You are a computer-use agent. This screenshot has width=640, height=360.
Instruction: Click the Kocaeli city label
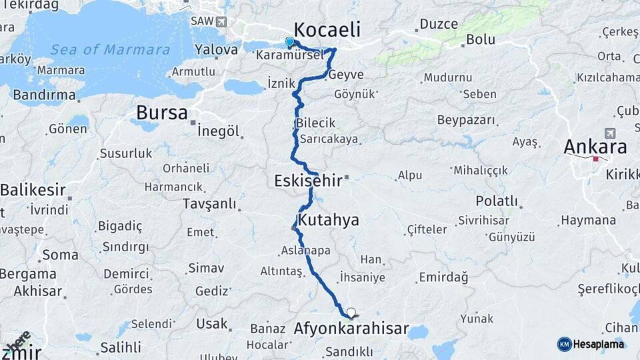[x=327, y=30]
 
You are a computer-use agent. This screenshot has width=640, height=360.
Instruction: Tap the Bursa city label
[x=162, y=113]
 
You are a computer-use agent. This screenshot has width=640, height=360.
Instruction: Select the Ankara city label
[x=595, y=146]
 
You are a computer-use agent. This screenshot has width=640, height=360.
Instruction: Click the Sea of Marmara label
[x=110, y=50]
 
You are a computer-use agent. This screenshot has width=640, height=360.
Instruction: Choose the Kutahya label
[x=329, y=220]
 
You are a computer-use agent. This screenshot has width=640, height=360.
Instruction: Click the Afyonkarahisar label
[x=351, y=329]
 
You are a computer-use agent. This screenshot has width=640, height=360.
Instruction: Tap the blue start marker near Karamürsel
[x=289, y=43]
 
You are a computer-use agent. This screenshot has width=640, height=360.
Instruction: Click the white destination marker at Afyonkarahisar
[x=351, y=312]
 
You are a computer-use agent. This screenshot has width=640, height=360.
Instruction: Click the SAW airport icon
[x=221, y=21]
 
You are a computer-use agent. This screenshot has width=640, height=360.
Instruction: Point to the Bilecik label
[x=316, y=123]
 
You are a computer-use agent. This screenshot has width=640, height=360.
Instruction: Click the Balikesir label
[x=33, y=190]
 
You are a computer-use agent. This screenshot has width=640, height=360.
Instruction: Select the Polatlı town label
[x=497, y=201]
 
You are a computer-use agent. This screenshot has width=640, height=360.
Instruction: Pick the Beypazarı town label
[x=467, y=120]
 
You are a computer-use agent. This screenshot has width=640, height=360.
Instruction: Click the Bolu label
[x=480, y=39]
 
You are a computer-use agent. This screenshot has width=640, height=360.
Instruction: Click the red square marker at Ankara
[x=595, y=159]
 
